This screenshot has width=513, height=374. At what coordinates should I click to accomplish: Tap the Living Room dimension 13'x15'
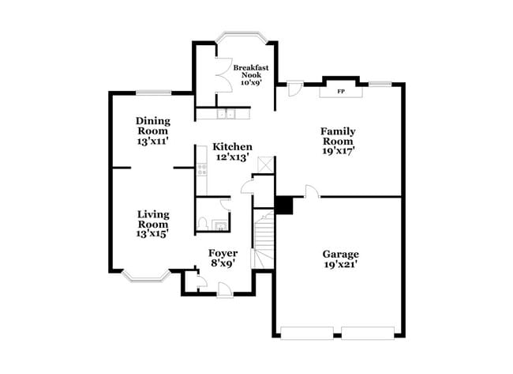[x=153, y=234]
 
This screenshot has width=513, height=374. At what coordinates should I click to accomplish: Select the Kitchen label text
[x=233, y=146]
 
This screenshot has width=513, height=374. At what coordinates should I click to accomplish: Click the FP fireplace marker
[x=341, y=92]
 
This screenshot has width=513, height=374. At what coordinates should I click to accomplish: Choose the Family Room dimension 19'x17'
[x=338, y=150]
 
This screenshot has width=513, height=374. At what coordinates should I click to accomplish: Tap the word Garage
[x=340, y=254]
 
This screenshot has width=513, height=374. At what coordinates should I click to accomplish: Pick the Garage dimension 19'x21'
[x=340, y=265]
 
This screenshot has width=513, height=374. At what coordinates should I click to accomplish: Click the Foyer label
[x=223, y=253]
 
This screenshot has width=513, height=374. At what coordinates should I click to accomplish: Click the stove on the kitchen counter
[x=201, y=170]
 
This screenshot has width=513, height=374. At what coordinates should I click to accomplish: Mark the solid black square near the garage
[x=284, y=205]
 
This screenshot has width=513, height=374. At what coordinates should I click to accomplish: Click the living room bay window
[x=145, y=276]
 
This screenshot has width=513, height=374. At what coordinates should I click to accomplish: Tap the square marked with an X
[x=265, y=164]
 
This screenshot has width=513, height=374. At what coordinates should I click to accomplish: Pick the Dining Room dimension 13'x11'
[x=153, y=142]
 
